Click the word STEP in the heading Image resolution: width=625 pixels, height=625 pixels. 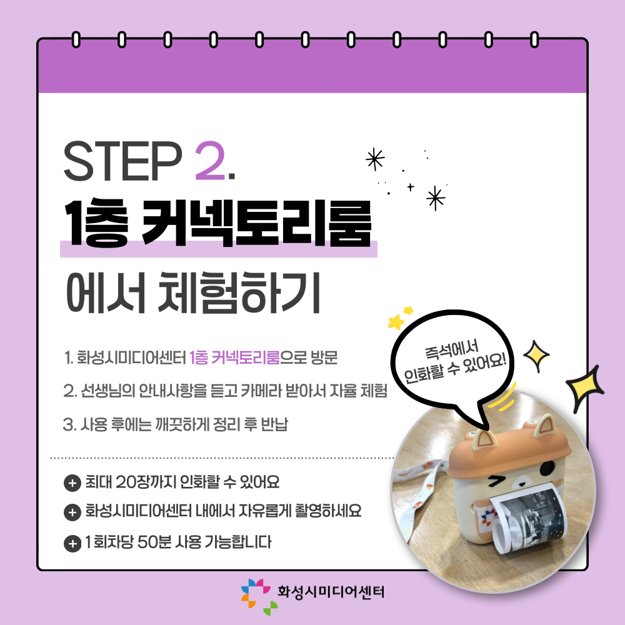(122, 161)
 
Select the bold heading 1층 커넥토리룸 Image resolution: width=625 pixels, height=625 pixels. (218, 224)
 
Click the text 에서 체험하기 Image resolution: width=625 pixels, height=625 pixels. (193, 293)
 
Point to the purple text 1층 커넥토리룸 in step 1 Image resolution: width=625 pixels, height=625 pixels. (234, 357)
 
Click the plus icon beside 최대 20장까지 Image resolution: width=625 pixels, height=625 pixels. (72, 483)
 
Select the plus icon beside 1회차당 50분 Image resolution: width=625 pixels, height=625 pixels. (72, 543)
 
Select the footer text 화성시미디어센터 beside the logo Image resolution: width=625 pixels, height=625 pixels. (331, 592)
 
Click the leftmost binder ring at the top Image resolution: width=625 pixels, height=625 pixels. (76, 40)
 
